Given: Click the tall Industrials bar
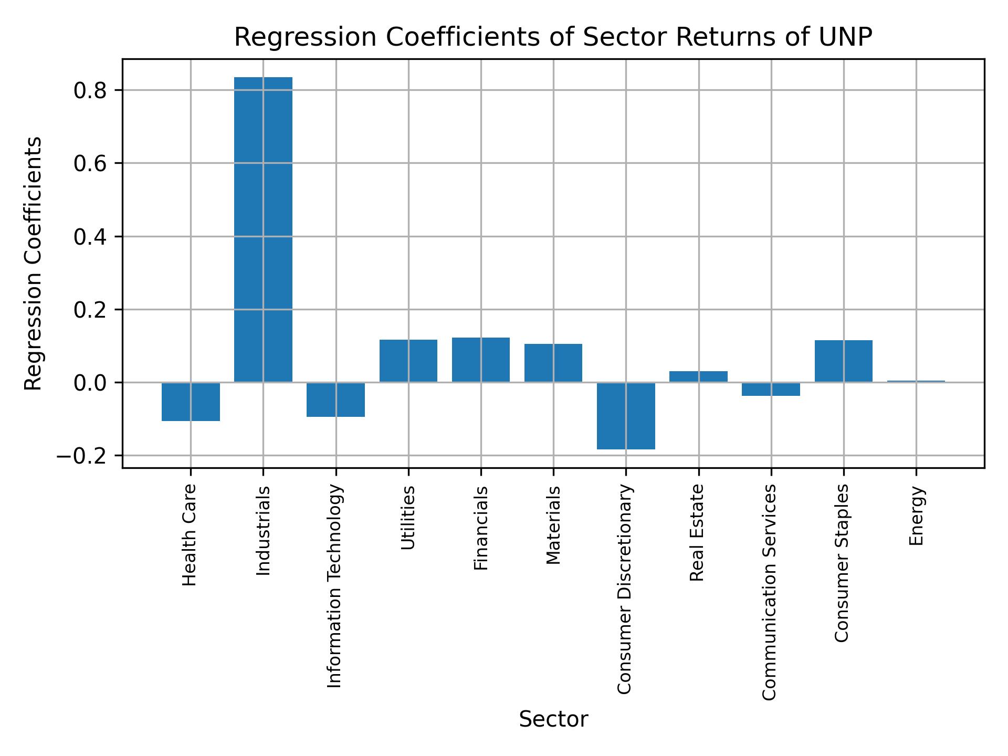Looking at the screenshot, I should click(x=263, y=229).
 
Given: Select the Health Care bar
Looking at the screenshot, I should click(x=191, y=402).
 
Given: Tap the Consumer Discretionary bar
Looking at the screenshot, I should click(x=626, y=416).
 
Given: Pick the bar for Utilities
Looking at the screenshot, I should click(x=408, y=361).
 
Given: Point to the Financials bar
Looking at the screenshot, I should click(x=481, y=360).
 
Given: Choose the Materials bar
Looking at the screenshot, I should click(x=553, y=363).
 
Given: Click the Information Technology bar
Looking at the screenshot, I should click(x=335, y=400).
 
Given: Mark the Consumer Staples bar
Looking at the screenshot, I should click(x=844, y=361).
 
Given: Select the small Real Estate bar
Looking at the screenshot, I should click(x=698, y=376).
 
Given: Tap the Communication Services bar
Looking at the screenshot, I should click(x=771, y=389).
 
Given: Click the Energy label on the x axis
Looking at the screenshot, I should click(x=916, y=516).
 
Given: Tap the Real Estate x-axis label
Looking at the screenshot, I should click(x=697, y=532).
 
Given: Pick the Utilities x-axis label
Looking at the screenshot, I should click(x=408, y=518).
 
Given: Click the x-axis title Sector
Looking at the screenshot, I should click(x=553, y=719).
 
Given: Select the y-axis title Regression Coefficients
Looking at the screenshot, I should click(x=34, y=264).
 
